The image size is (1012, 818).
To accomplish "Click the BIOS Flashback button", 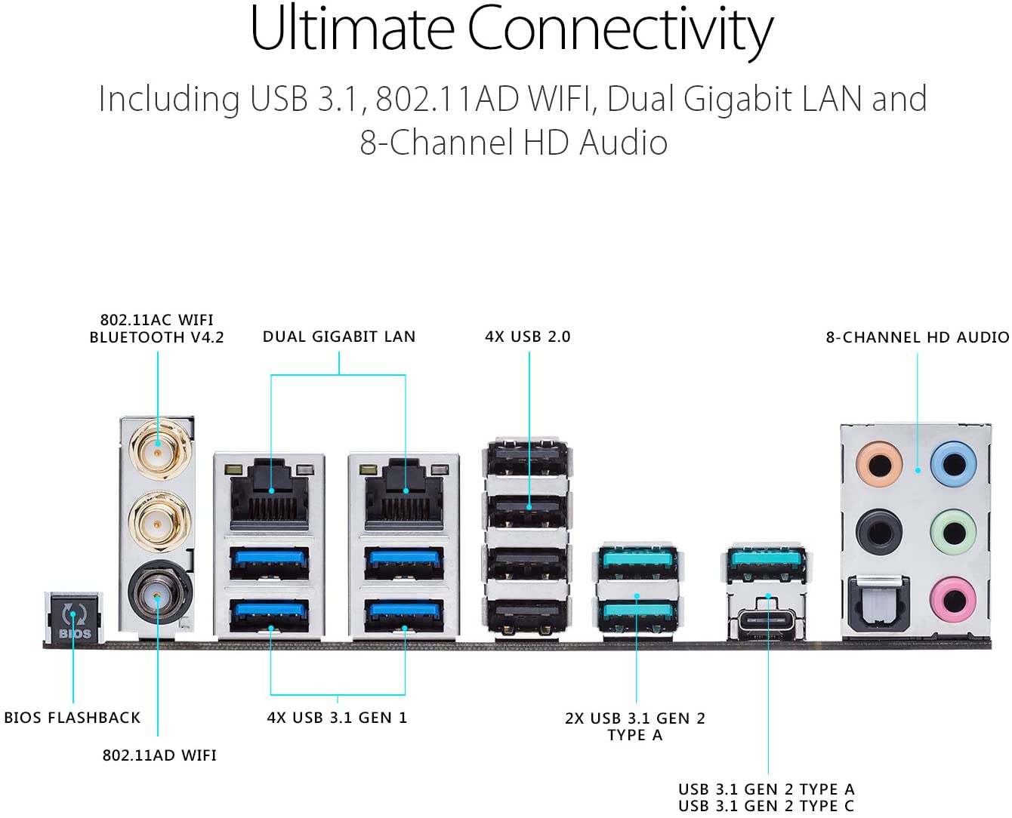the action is [x=75, y=617].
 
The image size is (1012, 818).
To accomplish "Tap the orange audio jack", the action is [x=879, y=464].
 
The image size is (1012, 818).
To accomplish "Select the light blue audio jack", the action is [x=953, y=464].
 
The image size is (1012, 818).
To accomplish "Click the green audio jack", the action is [x=953, y=532].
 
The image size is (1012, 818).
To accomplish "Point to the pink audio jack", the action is [x=953, y=600].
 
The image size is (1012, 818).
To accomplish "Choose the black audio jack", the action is [x=879, y=532].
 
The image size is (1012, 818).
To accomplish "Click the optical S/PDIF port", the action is [x=879, y=604].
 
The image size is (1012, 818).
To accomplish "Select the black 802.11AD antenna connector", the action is [x=157, y=593].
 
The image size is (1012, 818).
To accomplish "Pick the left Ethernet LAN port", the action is [x=270, y=494].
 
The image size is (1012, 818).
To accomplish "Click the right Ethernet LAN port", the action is [x=404, y=494].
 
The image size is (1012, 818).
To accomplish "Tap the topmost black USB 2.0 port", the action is [x=527, y=459].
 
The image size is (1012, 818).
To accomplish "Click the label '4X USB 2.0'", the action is [x=527, y=337].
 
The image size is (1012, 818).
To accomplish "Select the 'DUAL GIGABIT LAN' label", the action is [x=339, y=337].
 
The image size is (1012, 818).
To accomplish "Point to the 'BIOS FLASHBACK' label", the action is [x=73, y=718].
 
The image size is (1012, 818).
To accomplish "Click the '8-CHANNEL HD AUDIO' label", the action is [x=918, y=337].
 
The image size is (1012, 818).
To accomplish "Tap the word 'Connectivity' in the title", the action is [x=620, y=29].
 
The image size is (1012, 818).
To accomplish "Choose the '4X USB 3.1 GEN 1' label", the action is [x=337, y=718].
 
